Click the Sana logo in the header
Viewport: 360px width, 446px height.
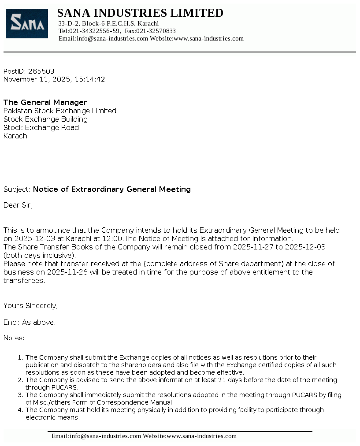coord(26,23)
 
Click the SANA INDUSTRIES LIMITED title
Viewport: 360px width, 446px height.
coord(140,13)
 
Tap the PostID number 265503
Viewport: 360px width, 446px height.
coord(41,71)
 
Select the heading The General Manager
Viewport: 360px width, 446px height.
coord(45,102)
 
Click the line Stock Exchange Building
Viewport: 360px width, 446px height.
coord(45,119)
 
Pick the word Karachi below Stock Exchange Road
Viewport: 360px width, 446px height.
coord(16,136)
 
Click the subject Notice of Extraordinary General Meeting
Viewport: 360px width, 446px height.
coord(112,189)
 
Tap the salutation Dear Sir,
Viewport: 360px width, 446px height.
coord(18,205)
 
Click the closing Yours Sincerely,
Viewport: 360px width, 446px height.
coord(30,305)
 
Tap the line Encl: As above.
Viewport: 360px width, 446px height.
coord(30,322)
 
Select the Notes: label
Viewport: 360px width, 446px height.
coord(14,338)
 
